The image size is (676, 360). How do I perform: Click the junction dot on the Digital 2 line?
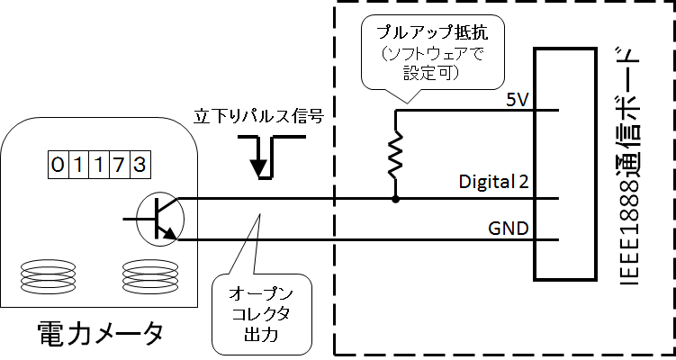[394, 197]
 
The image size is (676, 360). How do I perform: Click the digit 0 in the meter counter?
[58, 165]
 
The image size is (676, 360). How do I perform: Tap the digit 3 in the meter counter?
[139, 165]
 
